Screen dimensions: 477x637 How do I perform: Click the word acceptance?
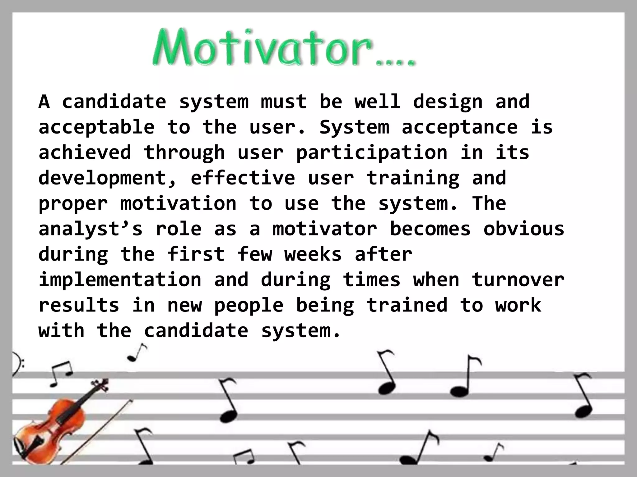click(x=460, y=127)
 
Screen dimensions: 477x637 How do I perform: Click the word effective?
click(x=243, y=178)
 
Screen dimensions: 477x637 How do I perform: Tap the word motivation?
click(x=178, y=204)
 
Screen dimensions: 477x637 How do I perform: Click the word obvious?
click(x=524, y=229)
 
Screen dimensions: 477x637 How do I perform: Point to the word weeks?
click(x=313, y=255)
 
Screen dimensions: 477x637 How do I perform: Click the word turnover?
click(x=518, y=279)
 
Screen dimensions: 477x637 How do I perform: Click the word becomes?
click(x=430, y=229)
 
